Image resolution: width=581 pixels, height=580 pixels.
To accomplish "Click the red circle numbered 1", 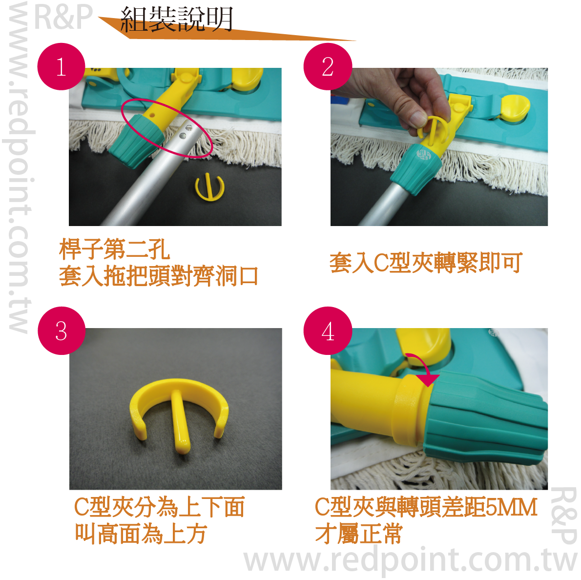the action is click(61, 67).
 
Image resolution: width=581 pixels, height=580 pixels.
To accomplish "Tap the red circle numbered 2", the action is click(328, 67).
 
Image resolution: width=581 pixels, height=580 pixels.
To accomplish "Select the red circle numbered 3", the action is click(62, 331).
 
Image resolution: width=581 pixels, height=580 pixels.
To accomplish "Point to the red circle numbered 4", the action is click(328, 331).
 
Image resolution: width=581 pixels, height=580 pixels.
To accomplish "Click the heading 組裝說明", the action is click(177, 19).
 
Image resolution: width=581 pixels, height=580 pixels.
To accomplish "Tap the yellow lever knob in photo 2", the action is click(516, 107).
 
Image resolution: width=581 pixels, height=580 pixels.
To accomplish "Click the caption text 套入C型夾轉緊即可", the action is click(426, 263).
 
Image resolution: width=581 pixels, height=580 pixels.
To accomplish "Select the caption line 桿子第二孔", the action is click(115, 249).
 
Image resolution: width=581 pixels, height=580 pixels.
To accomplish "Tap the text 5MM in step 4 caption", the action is click(511, 507).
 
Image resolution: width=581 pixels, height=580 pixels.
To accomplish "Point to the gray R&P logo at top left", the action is click(63, 17).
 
